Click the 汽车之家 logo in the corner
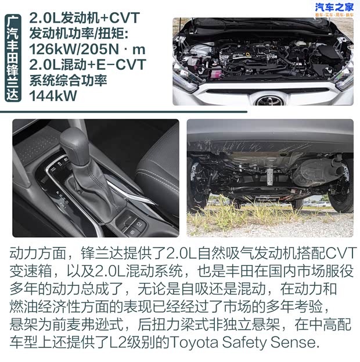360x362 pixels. click(334, 8)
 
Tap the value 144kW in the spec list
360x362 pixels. click(53, 96)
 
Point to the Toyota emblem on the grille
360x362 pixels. click(268, 99)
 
